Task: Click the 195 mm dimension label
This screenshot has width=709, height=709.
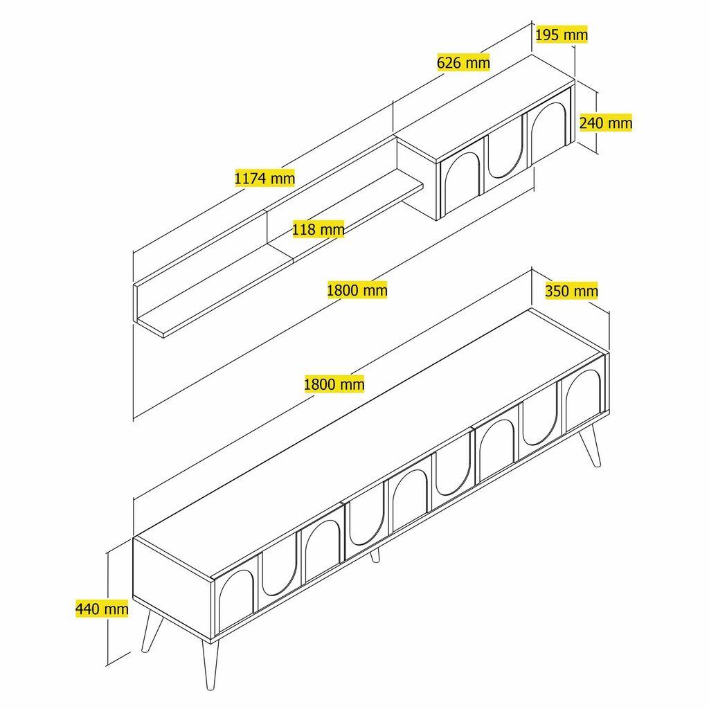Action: (561, 34)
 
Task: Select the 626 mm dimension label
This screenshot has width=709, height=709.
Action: (463, 62)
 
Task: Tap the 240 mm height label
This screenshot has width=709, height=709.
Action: (605, 123)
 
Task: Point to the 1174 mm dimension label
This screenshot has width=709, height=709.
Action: (264, 178)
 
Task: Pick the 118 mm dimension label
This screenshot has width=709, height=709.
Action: (318, 229)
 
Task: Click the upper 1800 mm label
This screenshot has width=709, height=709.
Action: (357, 289)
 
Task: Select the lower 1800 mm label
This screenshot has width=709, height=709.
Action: (334, 383)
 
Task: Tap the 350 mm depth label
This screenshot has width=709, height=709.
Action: (571, 291)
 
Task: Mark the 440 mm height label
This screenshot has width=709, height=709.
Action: (102, 609)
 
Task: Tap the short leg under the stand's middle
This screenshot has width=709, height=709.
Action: (375, 555)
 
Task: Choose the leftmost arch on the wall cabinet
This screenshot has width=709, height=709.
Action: (459, 183)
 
